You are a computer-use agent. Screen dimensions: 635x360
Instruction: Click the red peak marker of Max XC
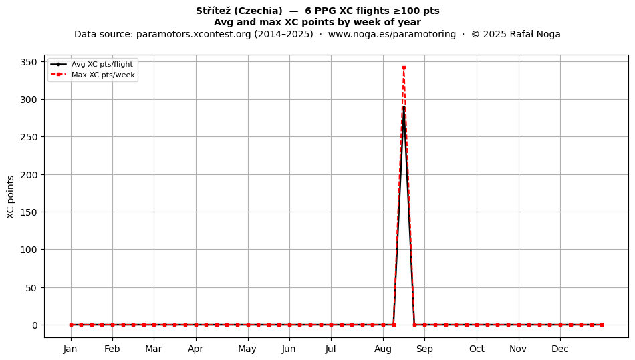coord(404,68)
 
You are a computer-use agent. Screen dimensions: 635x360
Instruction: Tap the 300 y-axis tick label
coord(28,100)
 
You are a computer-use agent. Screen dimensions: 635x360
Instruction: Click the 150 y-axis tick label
coord(28,212)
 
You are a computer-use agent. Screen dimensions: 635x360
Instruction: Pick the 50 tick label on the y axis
coord(32,288)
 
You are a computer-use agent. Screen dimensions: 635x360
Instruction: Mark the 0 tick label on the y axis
coord(35,325)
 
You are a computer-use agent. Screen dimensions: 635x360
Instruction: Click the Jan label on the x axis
coord(70,349)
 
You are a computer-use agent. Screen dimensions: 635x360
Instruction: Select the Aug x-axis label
coord(383,349)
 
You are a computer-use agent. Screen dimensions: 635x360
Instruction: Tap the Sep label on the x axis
coord(424,349)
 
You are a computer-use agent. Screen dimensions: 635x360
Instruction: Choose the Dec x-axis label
coord(560,349)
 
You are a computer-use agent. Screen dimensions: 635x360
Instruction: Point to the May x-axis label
coord(247,349)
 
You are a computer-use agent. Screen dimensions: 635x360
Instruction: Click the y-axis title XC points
coord(11,197)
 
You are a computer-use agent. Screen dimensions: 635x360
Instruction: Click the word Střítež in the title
coord(213,11)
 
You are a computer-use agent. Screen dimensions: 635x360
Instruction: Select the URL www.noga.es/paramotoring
coord(392,34)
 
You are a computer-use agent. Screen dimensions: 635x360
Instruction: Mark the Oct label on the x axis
coord(477,349)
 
